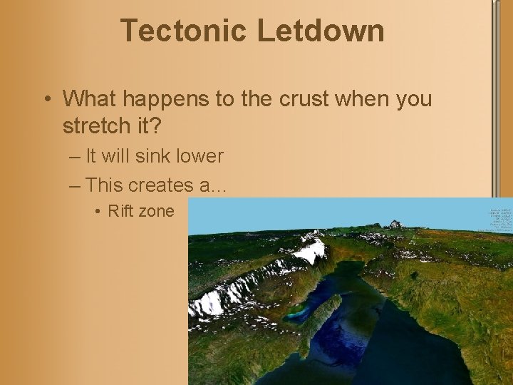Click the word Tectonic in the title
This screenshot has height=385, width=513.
tap(185, 31)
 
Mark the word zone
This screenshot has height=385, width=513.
tap(158, 211)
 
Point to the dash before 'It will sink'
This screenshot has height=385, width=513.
tap(76, 156)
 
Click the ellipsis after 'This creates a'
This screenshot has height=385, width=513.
tap(219, 187)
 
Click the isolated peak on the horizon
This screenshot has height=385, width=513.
tap(393, 224)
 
